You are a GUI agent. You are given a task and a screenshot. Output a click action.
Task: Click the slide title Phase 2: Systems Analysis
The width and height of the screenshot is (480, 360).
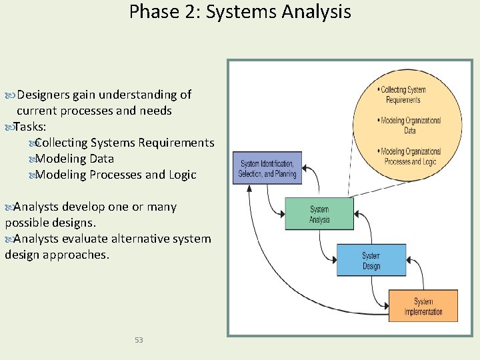click(x=240, y=11)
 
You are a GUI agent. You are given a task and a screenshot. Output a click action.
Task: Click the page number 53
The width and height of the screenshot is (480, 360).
click(x=139, y=340)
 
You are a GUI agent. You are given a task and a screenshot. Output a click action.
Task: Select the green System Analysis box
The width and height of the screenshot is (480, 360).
click(x=319, y=214)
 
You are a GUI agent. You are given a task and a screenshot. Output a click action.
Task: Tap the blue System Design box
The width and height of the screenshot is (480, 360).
click(x=371, y=261)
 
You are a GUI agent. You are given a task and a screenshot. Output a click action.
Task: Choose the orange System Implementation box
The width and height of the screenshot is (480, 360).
click(x=423, y=306)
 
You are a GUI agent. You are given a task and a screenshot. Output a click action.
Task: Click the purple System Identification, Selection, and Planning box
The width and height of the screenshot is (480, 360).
click(x=267, y=168)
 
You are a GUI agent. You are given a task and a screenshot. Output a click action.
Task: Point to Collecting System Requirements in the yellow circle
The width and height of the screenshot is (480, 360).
click(x=403, y=95)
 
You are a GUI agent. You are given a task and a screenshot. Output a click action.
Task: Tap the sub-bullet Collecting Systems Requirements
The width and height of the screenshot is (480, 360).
click(x=124, y=143)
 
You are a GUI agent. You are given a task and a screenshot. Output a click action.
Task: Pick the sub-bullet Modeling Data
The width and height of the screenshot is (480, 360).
click(x=74, y=159)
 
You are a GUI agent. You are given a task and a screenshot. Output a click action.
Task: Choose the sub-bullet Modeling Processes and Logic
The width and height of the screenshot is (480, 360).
click(x=115, y=175)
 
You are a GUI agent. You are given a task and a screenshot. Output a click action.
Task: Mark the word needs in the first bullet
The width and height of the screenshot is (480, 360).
click(x=155, y=111)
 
